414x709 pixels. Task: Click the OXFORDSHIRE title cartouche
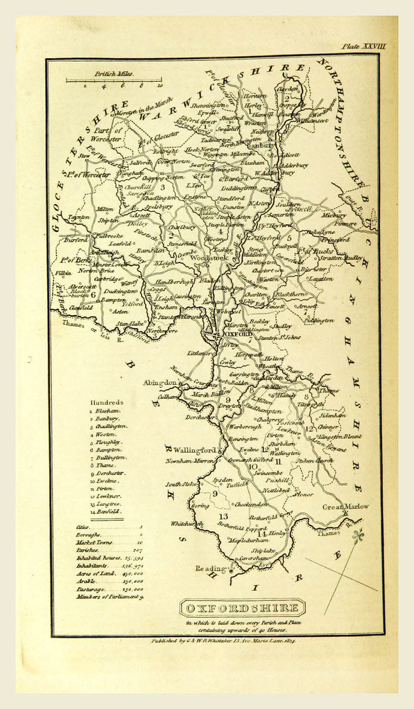242,608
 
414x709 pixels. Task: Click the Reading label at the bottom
211,568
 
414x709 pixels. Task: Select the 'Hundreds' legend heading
106,402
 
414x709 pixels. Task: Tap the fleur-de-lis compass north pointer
358,536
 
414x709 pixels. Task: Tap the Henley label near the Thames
276,533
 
